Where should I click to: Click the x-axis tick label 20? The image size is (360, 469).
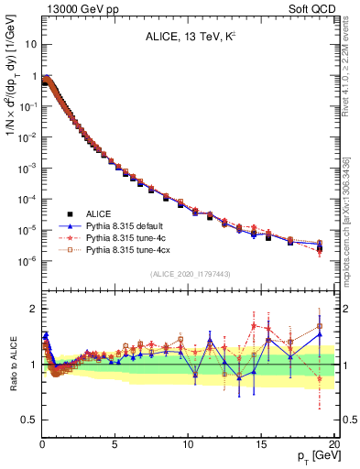[x=333, y=444]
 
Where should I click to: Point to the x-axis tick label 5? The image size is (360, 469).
[x=115, y=444]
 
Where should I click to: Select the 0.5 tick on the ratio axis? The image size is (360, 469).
[x=27, y=420]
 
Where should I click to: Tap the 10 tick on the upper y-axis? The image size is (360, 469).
[x=28, y=43]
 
